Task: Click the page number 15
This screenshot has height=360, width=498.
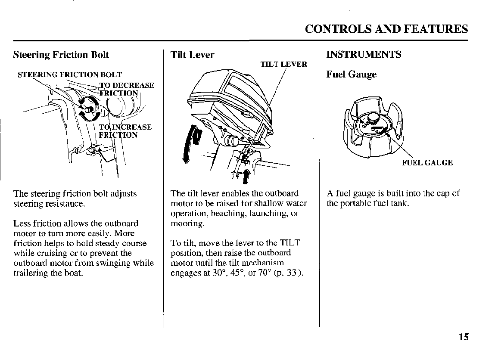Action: click(464, 337)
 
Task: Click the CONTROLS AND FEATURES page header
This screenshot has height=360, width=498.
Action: click(386, 29)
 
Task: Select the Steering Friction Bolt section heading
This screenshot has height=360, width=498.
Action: click(61, 55)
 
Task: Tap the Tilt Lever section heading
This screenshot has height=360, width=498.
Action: click(192, 55)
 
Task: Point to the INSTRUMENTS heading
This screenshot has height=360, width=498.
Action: click(364, 55)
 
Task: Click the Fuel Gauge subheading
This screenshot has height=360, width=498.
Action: click(351, 74)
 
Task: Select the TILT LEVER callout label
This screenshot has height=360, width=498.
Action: click(283, 65)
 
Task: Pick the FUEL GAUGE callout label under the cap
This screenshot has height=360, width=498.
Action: click(427, 163)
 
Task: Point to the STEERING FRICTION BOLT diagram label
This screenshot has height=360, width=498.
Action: click(70, 75)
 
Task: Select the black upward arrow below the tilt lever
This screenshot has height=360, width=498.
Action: click(246, 176)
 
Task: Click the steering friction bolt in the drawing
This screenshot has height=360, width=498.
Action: click(89, 109)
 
